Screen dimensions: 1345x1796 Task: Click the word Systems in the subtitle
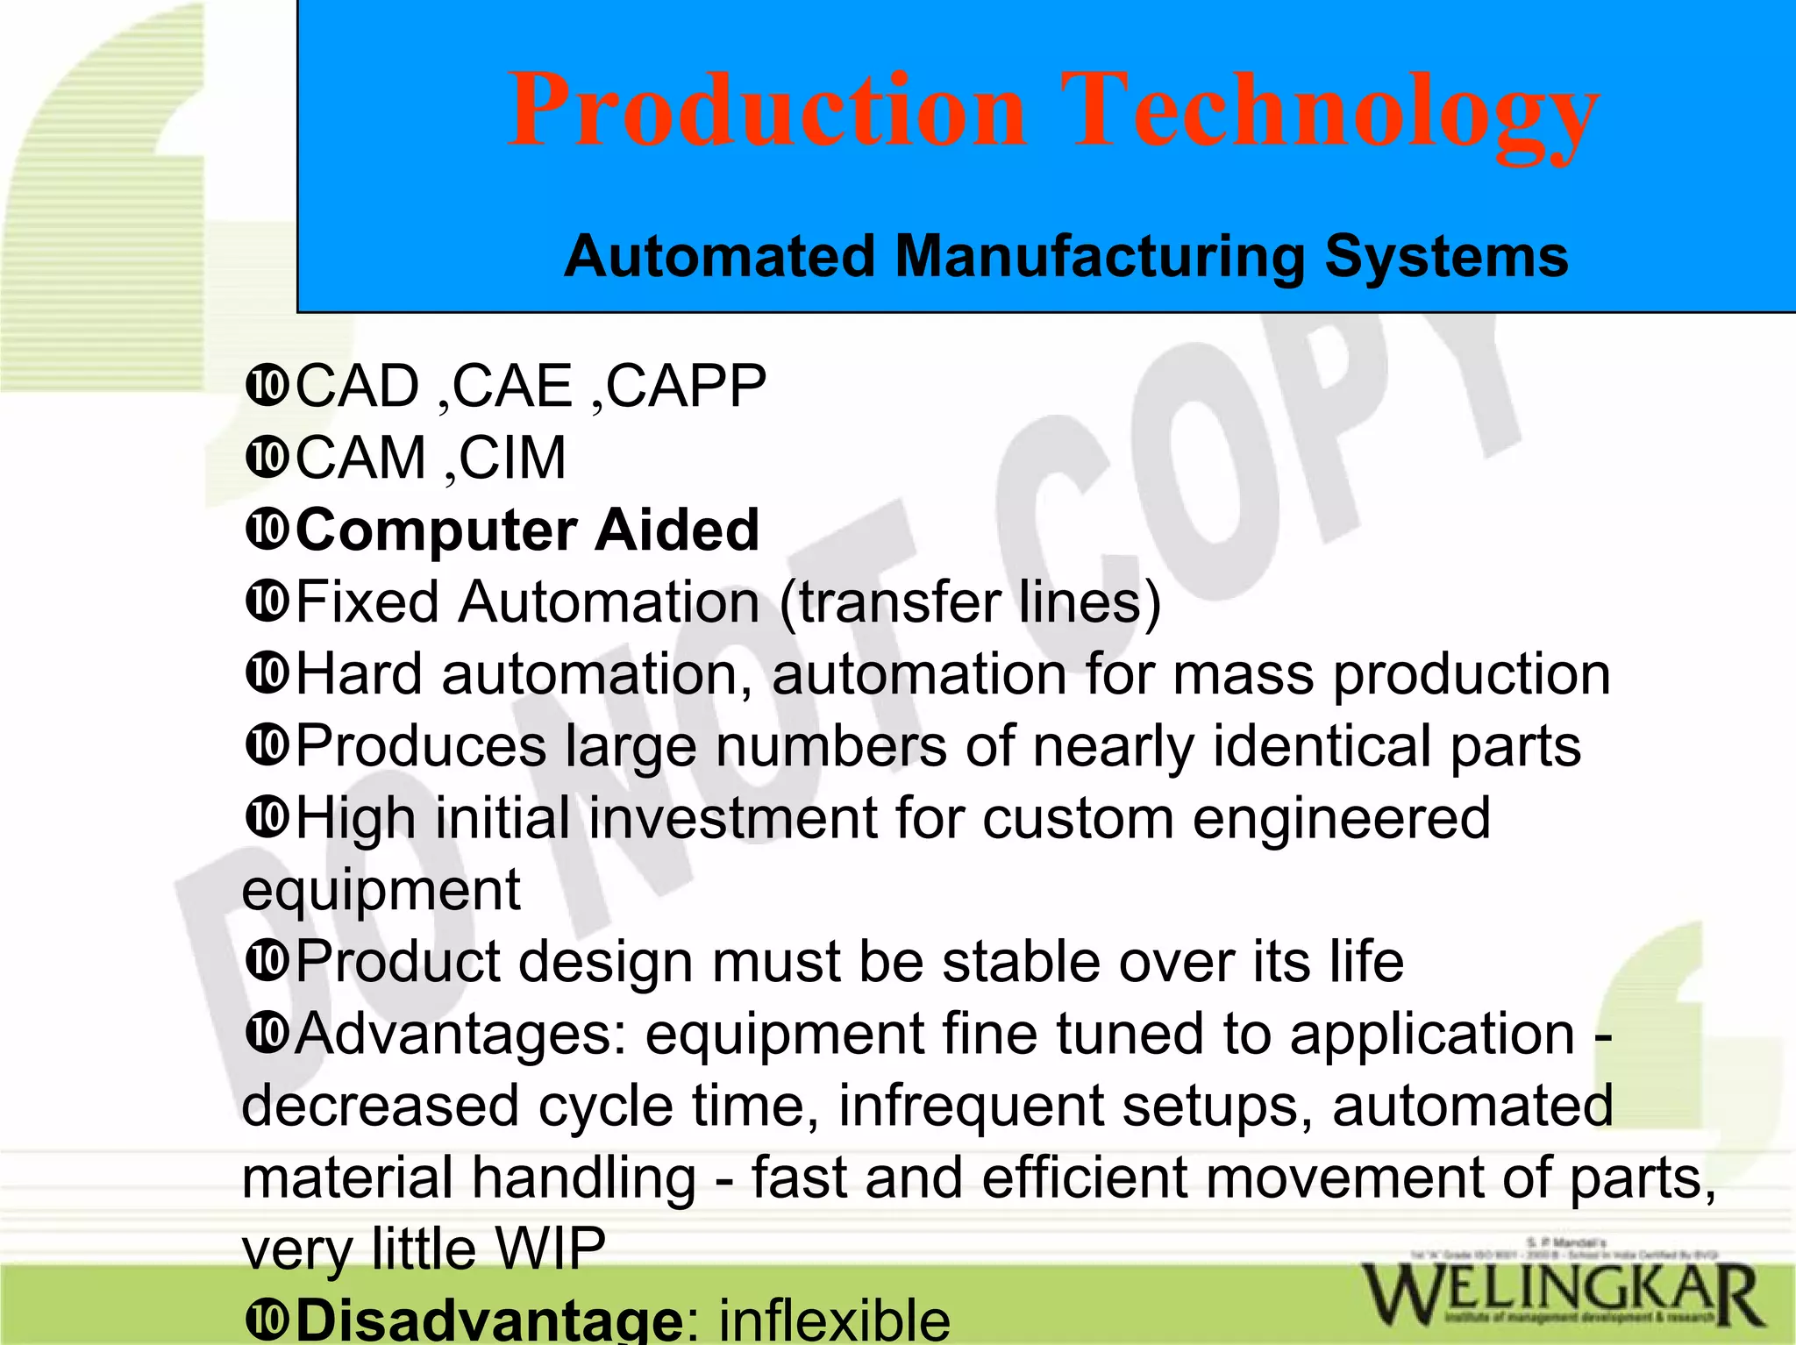click(1446, 257)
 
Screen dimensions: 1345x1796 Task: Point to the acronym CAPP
click(687, 386)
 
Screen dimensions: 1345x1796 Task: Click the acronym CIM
click(513, 458)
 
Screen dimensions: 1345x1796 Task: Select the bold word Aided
click(676, 530)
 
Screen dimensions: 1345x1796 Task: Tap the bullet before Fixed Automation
click(267, 601)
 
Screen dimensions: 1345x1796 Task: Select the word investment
click(732, 817)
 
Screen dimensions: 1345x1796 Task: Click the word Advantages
click(461, 1033)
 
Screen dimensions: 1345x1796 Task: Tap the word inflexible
click(834, 1319)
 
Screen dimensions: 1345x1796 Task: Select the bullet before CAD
click(267, 386)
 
